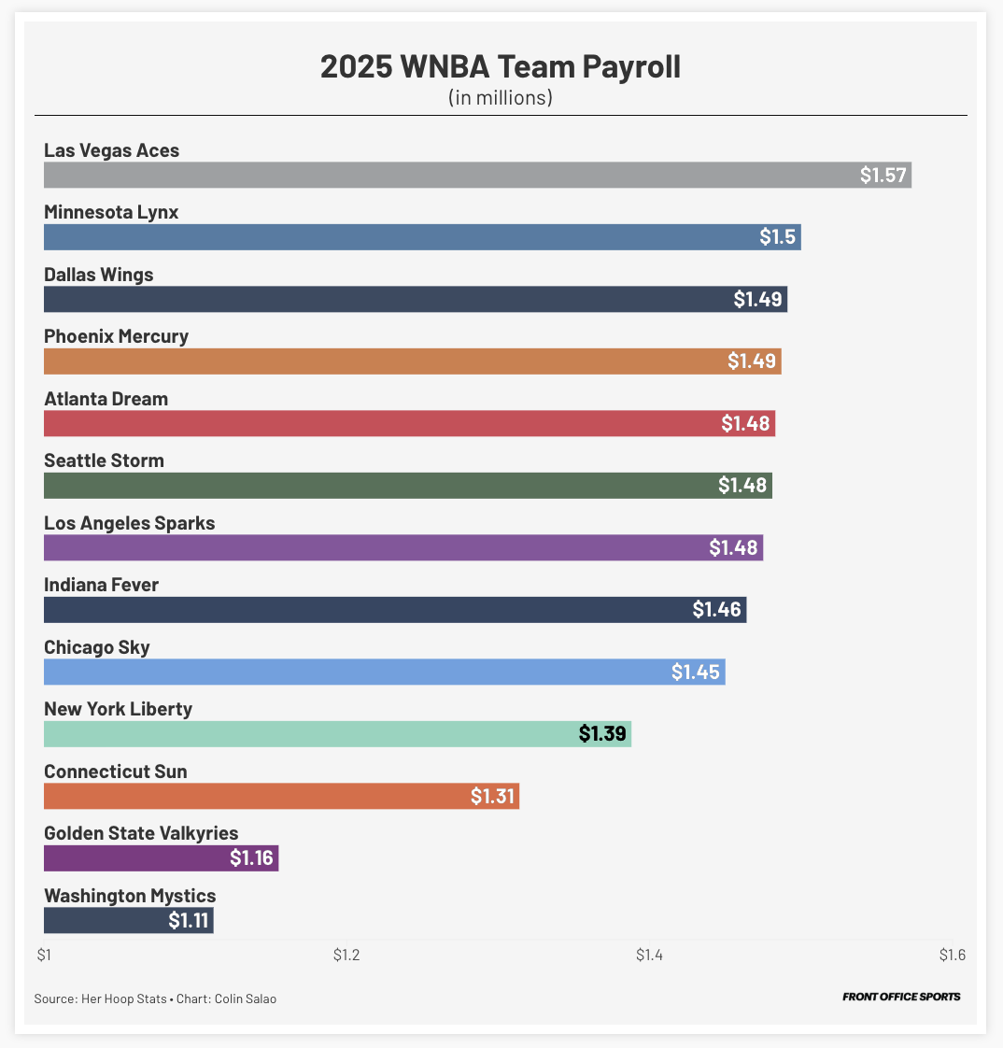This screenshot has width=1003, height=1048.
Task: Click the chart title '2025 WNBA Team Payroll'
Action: pyautogui.click(x=501, y=67)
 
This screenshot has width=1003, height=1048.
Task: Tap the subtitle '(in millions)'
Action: pyautogui.click(x=501, y=97)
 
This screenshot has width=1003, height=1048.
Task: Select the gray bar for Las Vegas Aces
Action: pyautogui.click(x=448, y=175)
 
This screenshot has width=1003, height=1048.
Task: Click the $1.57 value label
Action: pyautogui.click(x=883, y=176)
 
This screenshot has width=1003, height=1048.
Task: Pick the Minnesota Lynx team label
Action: pyautogui.click(x=111, y=212)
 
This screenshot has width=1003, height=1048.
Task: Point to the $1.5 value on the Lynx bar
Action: pyautogui.click(x=777, y=237)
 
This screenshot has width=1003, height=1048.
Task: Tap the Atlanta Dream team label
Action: pyautogui.click(x=106, y=399)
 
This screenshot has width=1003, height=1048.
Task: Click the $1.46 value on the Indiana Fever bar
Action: pyautogui.click(x=717, y=610)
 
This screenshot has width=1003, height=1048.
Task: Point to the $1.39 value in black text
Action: pyautogui.click(x=602, y=734)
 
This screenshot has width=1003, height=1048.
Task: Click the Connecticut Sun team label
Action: pyautogui.click(x=116, y=772)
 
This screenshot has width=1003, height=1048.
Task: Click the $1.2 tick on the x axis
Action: pyautogui.click(x=346, y=955)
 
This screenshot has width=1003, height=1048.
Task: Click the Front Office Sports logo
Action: pyautogui.click(x=900, y=997)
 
